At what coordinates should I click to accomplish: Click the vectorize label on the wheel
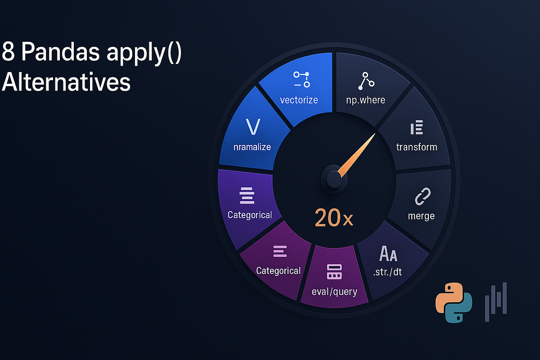(299, 99)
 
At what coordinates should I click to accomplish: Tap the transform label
(416, 147)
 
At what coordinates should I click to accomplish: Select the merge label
(421, 216)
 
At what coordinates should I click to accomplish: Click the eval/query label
(334, 291)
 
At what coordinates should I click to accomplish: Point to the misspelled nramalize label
(252, 147)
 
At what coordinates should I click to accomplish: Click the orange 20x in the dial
(334, 218)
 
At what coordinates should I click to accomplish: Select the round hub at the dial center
(334, 179)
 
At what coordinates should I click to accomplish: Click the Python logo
(454, 303)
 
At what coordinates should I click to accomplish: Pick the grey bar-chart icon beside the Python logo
(496, 301)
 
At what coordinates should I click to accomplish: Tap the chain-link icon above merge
(422, 197)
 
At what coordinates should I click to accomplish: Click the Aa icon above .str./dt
(388, 254)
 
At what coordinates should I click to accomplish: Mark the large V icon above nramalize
(253, 127)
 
